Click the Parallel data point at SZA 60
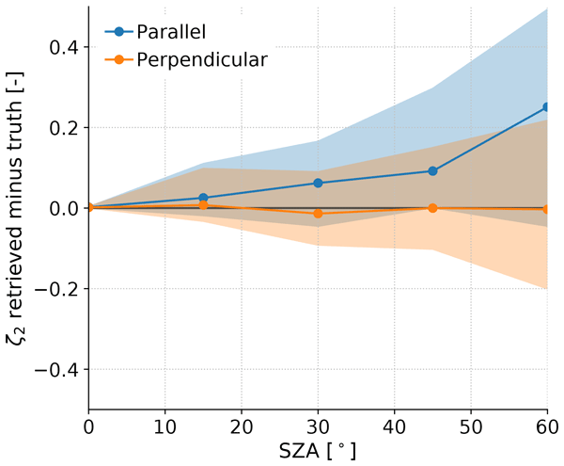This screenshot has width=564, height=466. [547, 107]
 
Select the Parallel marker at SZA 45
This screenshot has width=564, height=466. [432, 171]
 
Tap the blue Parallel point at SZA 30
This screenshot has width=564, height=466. [318, 183]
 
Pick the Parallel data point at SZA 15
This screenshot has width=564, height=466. [203, 198]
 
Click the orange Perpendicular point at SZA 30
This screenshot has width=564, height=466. [318, 214]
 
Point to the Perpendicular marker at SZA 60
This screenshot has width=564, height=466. [547, 209]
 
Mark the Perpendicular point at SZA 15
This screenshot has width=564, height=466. [203, 205]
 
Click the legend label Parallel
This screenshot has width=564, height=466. [174, 31]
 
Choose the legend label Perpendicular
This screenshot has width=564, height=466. [202, 59]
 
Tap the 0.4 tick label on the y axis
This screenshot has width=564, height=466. [64, 47]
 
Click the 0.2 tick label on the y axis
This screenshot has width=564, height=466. [64, 127]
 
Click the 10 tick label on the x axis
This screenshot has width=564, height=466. [164, 425]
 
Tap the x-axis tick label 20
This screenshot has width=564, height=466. [242, 425]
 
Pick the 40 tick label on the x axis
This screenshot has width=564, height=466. [394, 425]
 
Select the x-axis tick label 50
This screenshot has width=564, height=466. [470, 425]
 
